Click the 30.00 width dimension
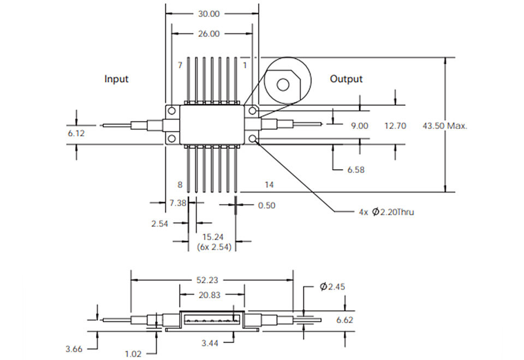[x=209, y=14]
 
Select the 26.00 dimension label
[x=209, y=34]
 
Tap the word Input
[x=116, y=79]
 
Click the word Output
[x=346, y=79]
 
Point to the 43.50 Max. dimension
[x=445, y=126]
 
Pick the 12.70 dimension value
[x=395, y=126]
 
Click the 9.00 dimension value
[x=360, y=126]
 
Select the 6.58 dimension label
[x=356, y=170]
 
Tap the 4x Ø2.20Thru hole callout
[x=386, y=212]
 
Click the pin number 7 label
[x=180, y=65]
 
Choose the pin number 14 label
[x=269, y=185]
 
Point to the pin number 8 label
[x=180, y=185]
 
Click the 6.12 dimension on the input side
[x=76, y=133]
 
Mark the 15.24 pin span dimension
[x=213, y=237]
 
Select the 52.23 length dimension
[x=207, y=280]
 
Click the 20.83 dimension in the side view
[x=210, y=295]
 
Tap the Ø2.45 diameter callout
[x=332, y=286]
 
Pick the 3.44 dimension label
[x=210, y=343]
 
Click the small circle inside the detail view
[x=283, y=85]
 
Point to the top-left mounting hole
[x=172, y=111]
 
